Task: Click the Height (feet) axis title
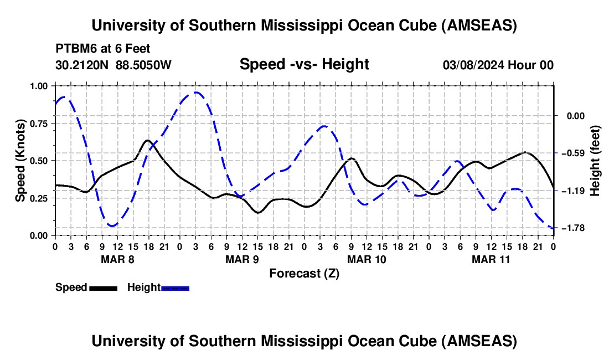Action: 595,161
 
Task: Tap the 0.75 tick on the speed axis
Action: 39,124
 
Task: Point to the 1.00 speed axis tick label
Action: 39,86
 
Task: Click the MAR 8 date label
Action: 117,259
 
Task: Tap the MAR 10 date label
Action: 366,259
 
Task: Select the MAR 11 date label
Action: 491,259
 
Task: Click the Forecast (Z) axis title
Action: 304,273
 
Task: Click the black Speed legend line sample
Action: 102,287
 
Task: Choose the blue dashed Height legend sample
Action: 175,287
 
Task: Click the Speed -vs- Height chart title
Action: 304,64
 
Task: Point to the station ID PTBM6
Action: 74,49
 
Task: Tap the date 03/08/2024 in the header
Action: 475,65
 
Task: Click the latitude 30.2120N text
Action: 82,65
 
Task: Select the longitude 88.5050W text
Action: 143,65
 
